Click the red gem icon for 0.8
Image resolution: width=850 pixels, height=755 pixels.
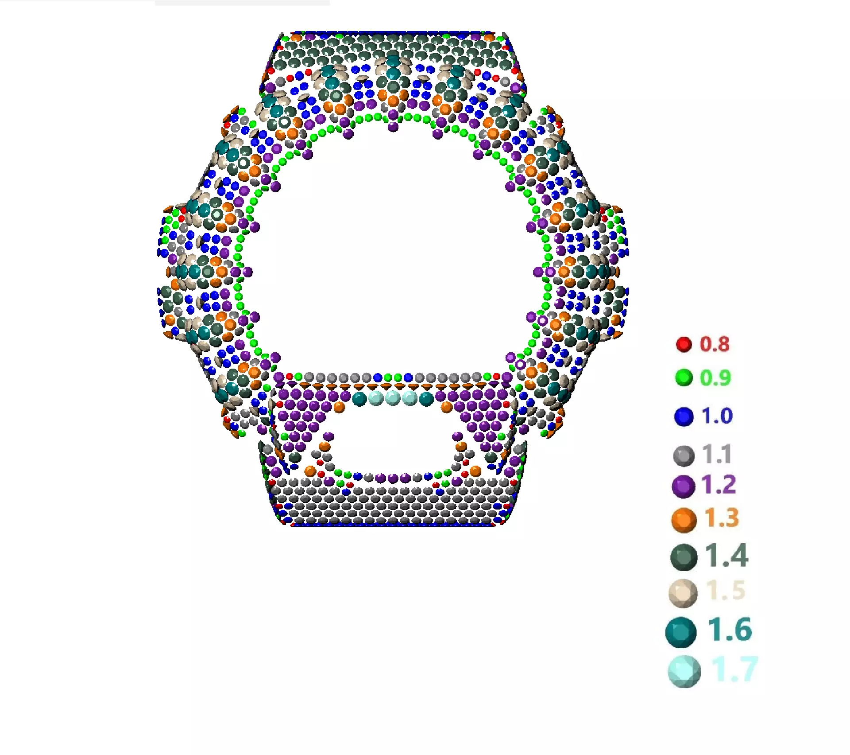tap(684, 344)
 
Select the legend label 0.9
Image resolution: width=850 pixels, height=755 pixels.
tap(715, 378)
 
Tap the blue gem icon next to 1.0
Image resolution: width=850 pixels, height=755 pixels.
tap(684, 416)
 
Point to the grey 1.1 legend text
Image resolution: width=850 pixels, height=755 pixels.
tap(717, 454)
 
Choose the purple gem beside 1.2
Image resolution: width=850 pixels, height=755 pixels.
tap(683, 486)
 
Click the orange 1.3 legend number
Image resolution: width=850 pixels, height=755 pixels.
tap(721, 518)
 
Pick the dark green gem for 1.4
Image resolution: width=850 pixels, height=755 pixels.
tap(684, 557)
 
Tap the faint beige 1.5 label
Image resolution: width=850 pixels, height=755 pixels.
tap(726, 591)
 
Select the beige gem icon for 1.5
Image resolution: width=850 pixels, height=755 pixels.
tap(683, 593)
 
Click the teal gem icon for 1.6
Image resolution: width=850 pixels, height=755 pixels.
tap(681, 632)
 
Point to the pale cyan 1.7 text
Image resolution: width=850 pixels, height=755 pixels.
tap(734, 669)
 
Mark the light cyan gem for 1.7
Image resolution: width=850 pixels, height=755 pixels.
tap(684, 671)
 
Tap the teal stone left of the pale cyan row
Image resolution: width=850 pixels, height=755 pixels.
tap(359, 399)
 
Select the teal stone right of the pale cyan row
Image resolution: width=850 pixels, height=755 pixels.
tap(426, 399)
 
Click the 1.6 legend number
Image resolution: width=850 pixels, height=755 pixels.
tap(729, 630)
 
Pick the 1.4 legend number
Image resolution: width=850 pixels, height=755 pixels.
tap(726, 555)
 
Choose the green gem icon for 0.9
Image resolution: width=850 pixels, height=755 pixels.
tap(684, 378)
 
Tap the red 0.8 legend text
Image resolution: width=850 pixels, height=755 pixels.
tap(714, 344)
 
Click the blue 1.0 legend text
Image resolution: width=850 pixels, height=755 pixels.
tap(717, 416)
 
